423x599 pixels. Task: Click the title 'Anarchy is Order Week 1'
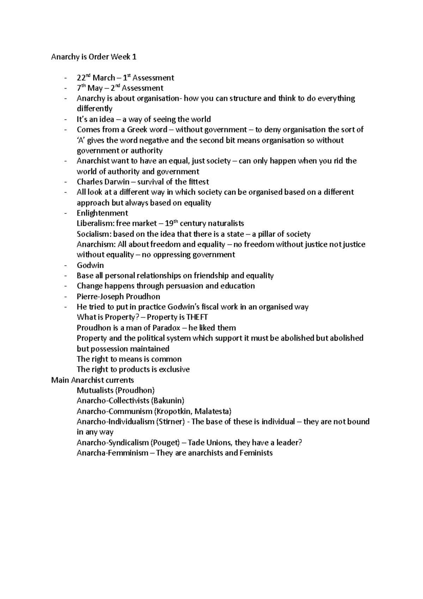(x=93, y=57)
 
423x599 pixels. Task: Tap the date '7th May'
(x=90, y=88)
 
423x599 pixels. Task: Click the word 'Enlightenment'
(x=102, y=213)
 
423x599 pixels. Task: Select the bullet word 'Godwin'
(x=90, y=265)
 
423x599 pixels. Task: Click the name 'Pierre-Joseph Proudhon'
(x=118, y=296)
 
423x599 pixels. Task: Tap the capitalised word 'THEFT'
(x=197, y=317)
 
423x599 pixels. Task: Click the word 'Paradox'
(x=161, y=328)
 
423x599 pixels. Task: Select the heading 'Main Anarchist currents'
(x=92, y=380)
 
